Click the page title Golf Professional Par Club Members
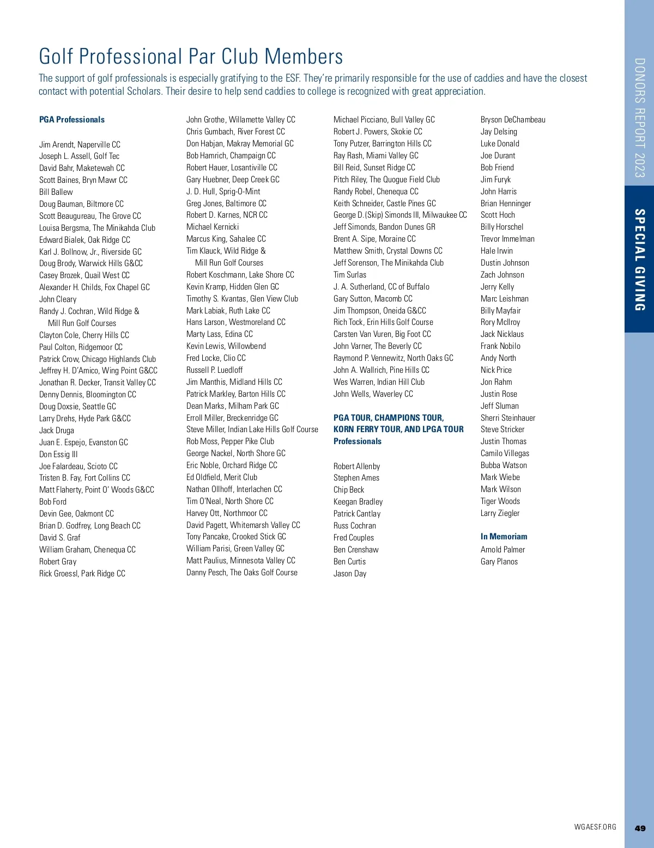click(191, 57)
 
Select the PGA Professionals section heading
click(72, 120)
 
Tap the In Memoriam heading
click(504, 537)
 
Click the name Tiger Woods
click(500, 501)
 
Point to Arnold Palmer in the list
click(502, 550)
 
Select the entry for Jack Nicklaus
click(502, 334)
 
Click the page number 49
click(640, 828)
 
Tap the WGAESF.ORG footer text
click(595, 827)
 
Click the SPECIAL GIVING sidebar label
click(640, 260)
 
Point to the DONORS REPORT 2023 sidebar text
click(640, 118)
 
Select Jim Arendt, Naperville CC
click(80, 145)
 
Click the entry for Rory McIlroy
click(500, 322)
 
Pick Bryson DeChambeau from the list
click(513, 120)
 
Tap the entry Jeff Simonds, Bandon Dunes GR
click(384, 227)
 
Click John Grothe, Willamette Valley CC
click(241, 120)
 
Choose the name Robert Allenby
click(356, 466)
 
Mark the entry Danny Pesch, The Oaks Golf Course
click(242, 573)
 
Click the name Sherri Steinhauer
click(508, 418)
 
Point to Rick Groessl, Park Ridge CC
click(82, 574)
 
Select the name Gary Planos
click(499, 562)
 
